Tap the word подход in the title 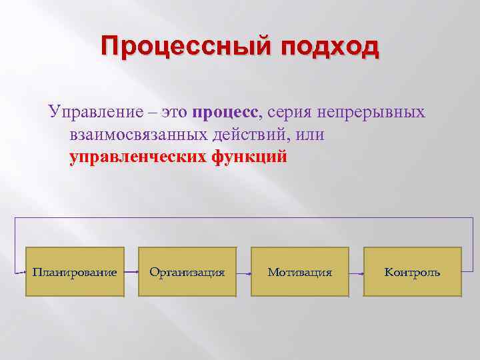pyautogui.click(x=329, y=48)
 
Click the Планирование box pyautogui.click(x=75, y=272)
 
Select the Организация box pyautogui.click(x=187, y=272)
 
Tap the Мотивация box pyautogui.click(x=300, y=272)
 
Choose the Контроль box pyautogui.click(x=413, y=272)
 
